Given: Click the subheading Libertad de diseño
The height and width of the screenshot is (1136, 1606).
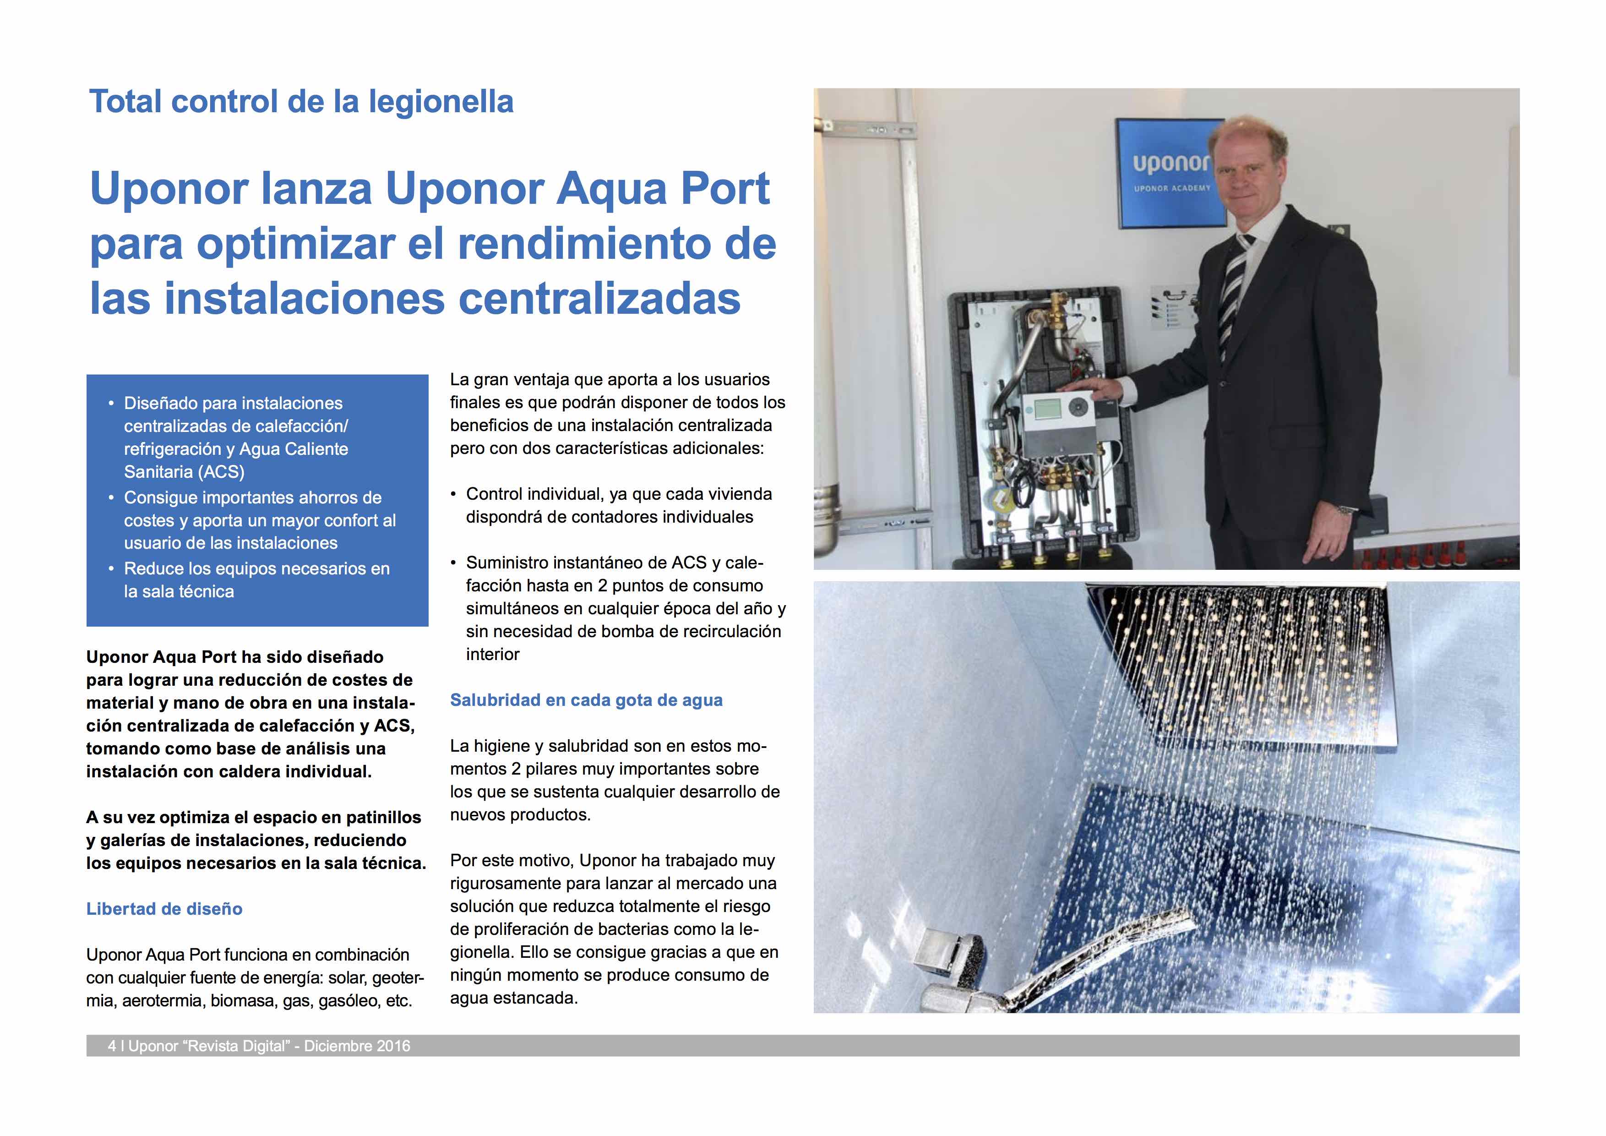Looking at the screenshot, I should coord(164,909).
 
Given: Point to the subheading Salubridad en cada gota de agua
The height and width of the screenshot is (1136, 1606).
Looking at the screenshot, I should coord(586,700).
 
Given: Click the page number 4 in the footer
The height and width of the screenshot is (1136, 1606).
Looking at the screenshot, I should coord(112,1046).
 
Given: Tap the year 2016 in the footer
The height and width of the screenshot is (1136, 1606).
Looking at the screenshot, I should coord(393,1046).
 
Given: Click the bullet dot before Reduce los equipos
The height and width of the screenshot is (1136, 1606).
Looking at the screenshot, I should coord(111,569).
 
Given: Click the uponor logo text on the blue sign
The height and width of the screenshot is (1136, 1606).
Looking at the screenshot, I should coord(1170,163).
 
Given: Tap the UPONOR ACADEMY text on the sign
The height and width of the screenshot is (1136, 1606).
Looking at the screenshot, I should coord(1171,188).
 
